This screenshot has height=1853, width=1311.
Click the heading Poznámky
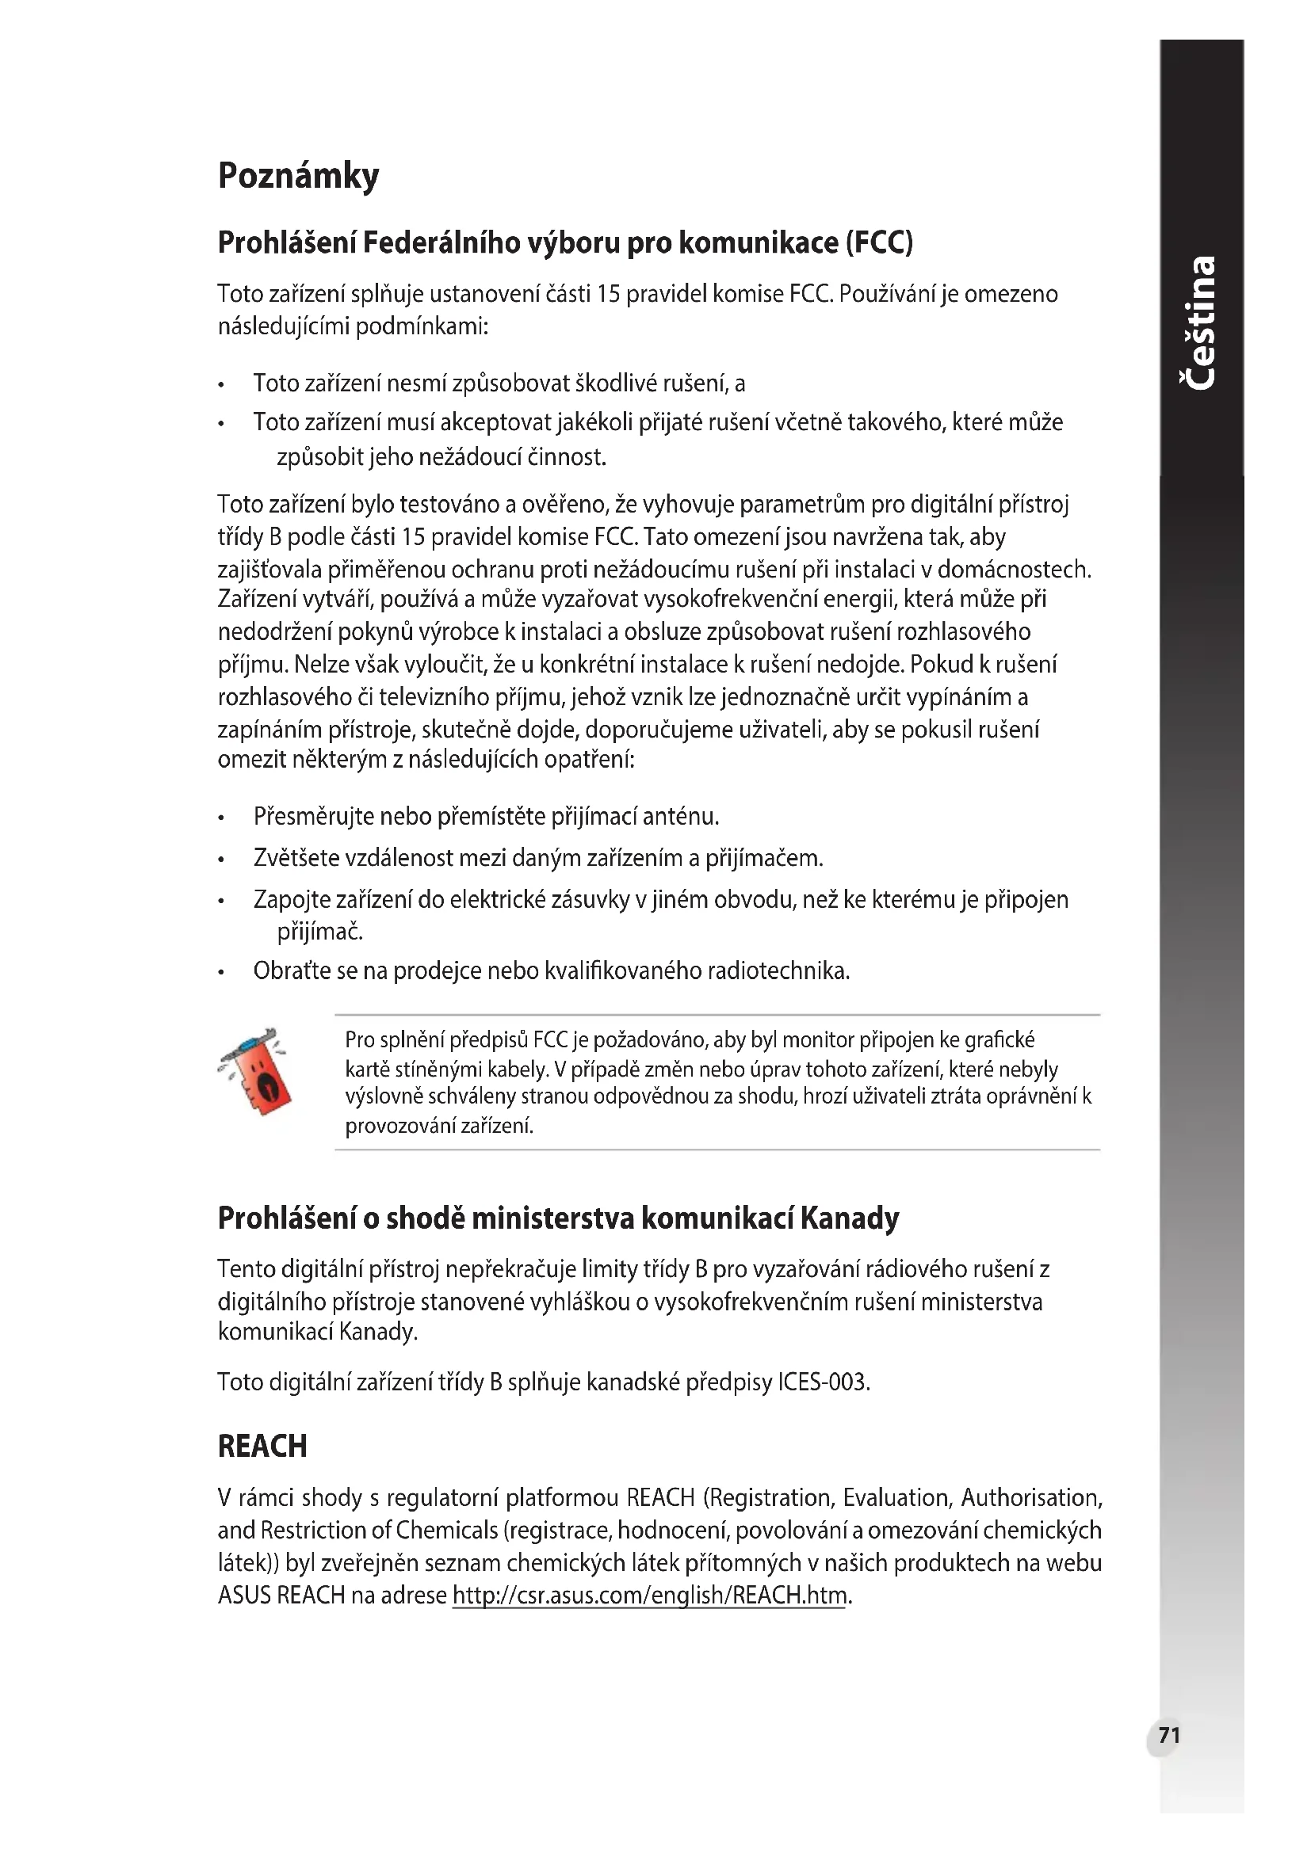[x=298, y=176]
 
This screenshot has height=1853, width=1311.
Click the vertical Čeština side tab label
[x=1200, y=322]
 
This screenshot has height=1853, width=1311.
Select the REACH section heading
[x=262, y=1447]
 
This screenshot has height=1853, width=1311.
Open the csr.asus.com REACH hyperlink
[x=649, y=1595]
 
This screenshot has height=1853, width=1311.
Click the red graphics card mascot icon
[x=256, y=1073]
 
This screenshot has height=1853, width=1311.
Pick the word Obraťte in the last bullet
[x=292, y=970]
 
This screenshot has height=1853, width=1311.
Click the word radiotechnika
[x=778, y=970]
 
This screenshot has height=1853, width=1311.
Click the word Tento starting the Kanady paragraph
[x=247, y=1269]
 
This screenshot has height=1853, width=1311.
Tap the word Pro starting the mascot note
[x=360, y=1039]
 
